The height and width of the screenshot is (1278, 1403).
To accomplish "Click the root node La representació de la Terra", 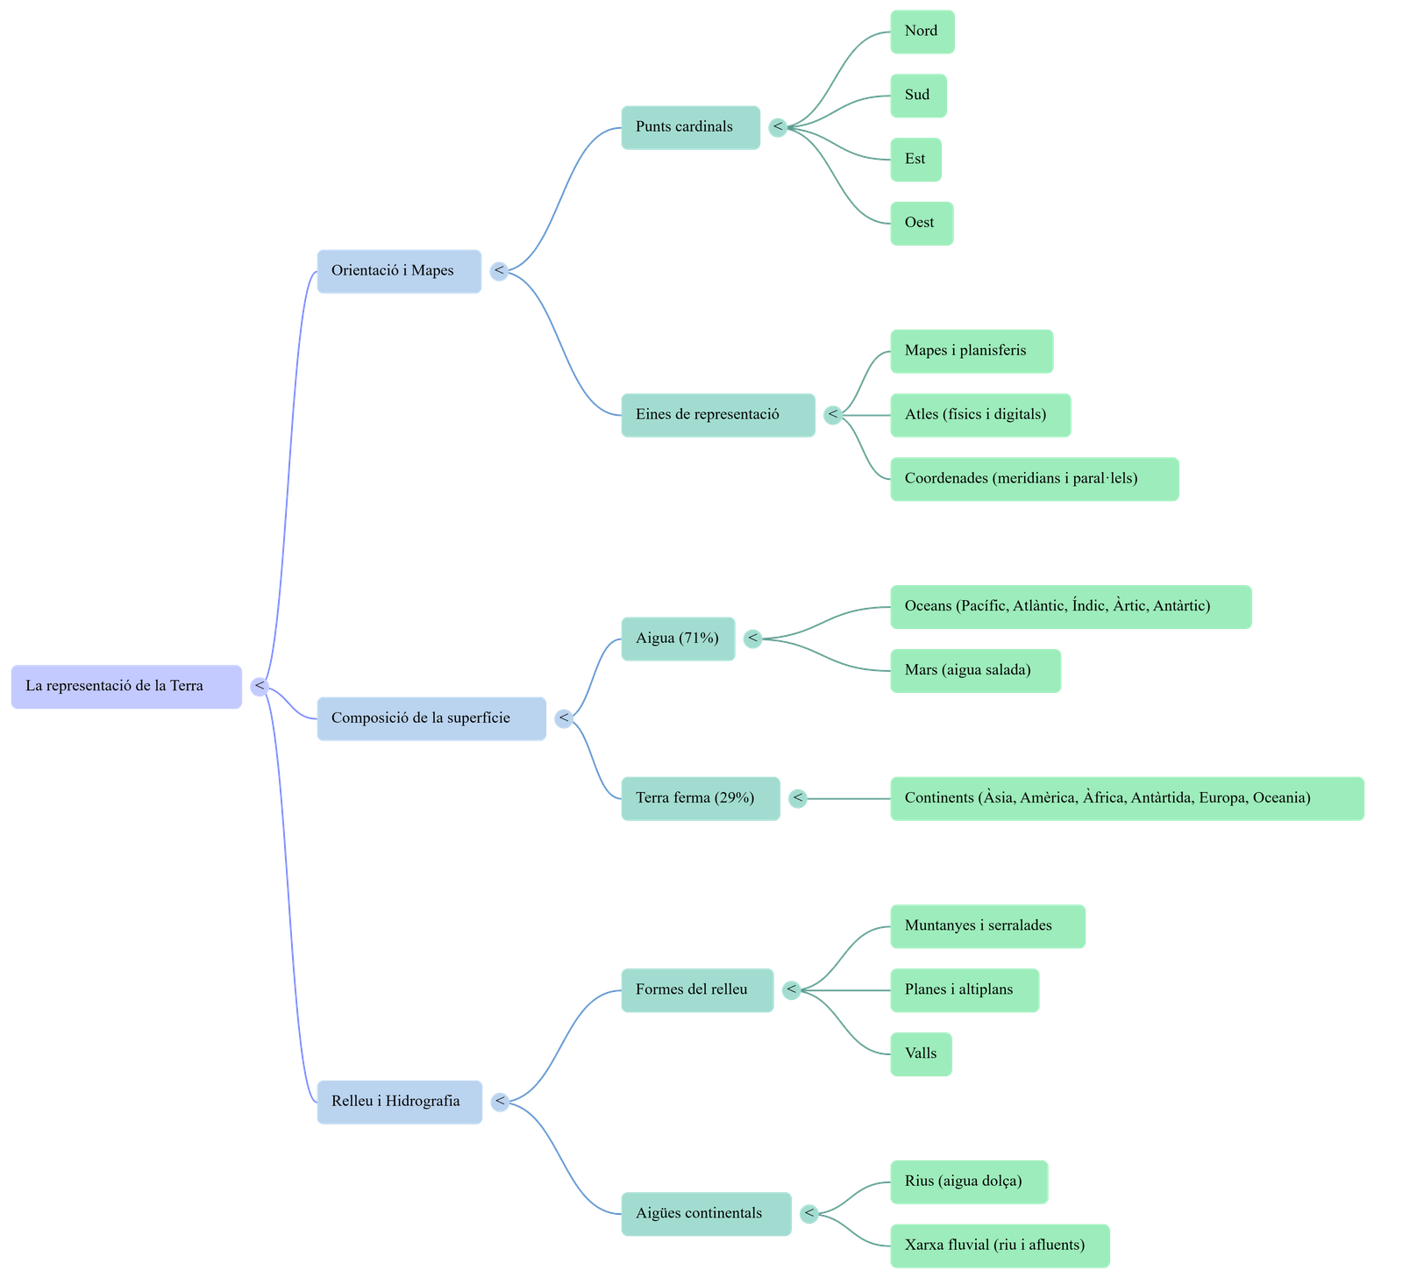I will (x=126, y=687).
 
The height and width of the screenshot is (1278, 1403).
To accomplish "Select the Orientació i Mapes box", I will (x=399, y=271).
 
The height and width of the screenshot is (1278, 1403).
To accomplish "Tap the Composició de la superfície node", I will (x=431, y=718).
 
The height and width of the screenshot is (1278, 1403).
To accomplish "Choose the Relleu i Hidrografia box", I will (x=399, y=1102).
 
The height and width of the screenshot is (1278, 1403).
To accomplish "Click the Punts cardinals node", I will (x=690, y=127).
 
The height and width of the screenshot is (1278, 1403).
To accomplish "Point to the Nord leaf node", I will (x=922, y=32).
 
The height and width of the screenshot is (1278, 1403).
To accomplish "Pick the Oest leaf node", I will (x=921, y=223).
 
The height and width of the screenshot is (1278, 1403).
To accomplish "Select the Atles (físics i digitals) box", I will (x=979, y=415).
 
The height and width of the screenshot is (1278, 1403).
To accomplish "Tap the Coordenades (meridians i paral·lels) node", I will (x=1034, y=479).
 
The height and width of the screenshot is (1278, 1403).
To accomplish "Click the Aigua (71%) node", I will (x=678, y=639).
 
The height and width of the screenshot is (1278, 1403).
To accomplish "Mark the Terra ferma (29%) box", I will (x=700, y=798).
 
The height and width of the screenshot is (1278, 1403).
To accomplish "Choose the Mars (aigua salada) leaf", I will (x=975, y=671).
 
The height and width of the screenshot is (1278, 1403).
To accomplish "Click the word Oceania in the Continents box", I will (x=1281, y=798).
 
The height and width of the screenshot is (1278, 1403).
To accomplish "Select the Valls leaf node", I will (x=921, y=1053).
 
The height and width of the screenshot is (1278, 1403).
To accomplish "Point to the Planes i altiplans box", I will (x=965, y=990).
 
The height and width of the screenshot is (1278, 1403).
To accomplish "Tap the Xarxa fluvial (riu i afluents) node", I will (x=1000, y=1246).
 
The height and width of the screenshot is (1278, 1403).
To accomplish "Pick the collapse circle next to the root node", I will (x=260, y=687).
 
